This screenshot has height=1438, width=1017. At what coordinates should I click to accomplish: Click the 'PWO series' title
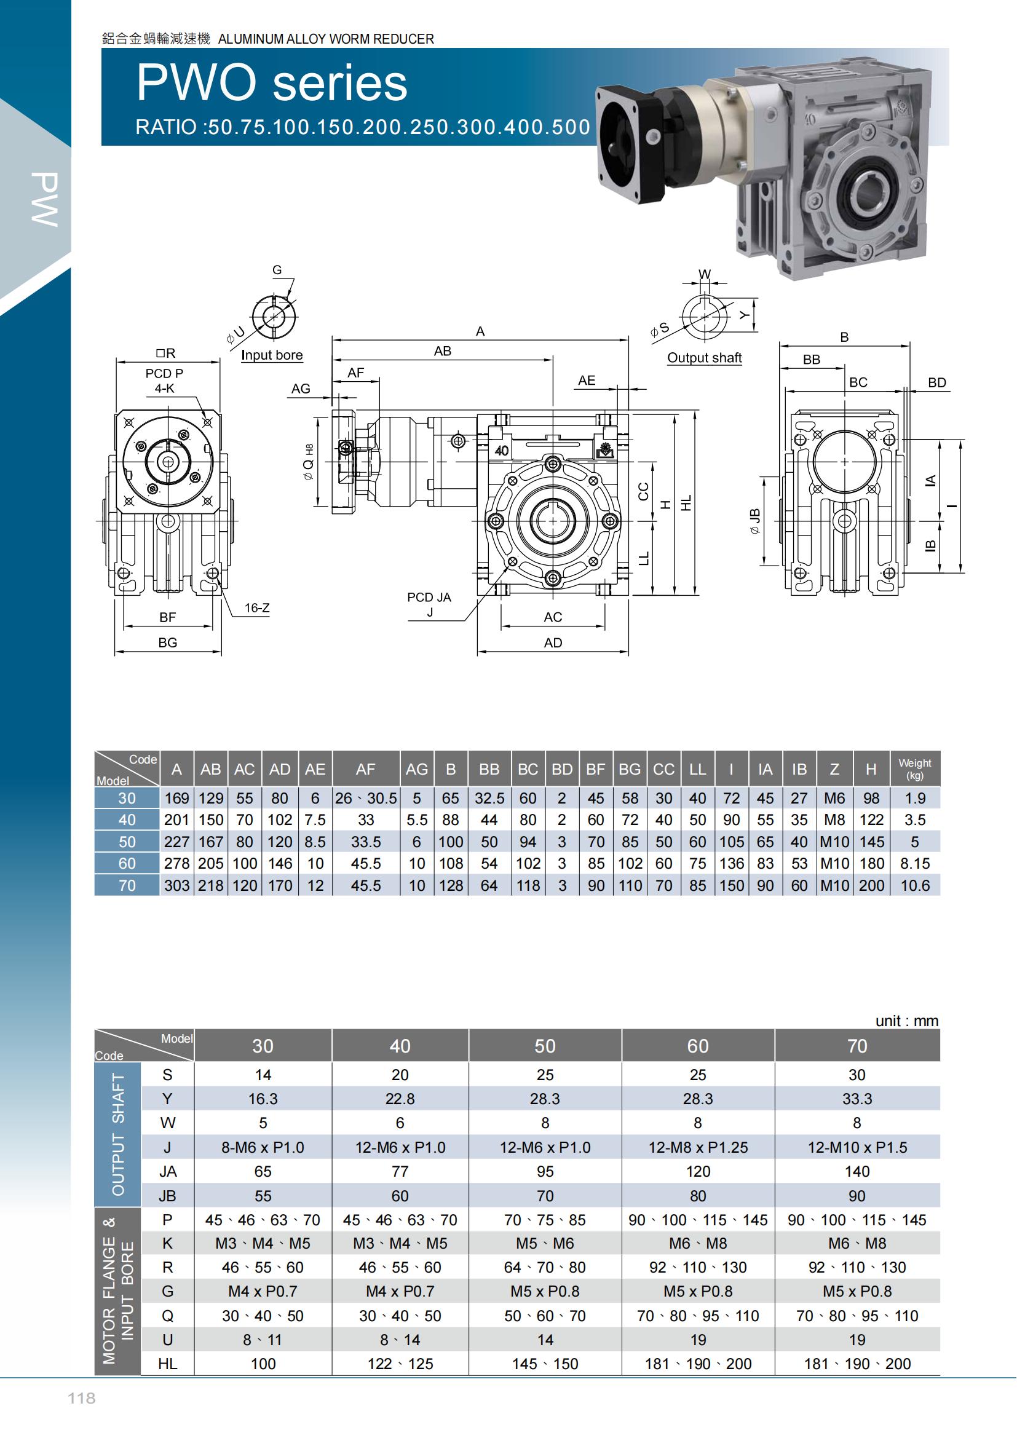coord(272,83)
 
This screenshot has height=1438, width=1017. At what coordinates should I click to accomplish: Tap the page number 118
coord(81,1398)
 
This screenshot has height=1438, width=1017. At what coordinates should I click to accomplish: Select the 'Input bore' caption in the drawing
coord(272,355)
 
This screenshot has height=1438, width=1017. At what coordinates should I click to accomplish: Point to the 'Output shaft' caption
coord(705,358)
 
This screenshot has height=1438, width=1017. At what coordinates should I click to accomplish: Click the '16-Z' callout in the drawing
coord(257,607)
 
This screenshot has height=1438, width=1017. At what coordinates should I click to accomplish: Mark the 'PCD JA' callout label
coord(429,597)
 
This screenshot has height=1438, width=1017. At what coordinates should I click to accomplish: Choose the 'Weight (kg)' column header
coord(915,768)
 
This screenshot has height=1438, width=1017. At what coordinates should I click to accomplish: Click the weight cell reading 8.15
coord(915,864)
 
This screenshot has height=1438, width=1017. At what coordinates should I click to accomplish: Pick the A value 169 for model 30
coord(176,799)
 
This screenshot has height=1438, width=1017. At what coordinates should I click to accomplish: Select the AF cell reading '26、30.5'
coord(366,799)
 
